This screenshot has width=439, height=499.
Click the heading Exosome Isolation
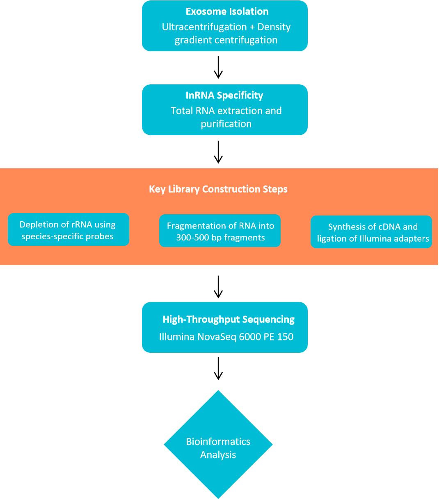coord(227,11)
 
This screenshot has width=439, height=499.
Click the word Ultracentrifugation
coord(204,27)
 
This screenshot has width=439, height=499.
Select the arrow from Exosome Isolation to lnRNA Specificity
coord(218,67)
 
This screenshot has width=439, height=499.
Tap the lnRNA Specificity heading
coord(224,95)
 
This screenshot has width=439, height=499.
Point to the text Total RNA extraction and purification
coord(226,117)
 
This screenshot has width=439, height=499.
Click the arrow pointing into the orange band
coord(218,152)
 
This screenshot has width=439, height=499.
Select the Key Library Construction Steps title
coord(218,189)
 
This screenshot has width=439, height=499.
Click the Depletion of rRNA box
coord(68,229)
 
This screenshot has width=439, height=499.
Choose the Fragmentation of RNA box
coord(220,231)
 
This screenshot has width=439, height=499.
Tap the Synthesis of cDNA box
coord(371,232)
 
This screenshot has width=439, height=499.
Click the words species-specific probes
coord(67,236)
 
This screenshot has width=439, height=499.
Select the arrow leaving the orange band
coord(218,286)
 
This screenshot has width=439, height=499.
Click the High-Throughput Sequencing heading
coord(229,319)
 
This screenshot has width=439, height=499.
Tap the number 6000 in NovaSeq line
coord(248,337)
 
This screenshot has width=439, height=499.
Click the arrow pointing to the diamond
coord(218,368)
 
